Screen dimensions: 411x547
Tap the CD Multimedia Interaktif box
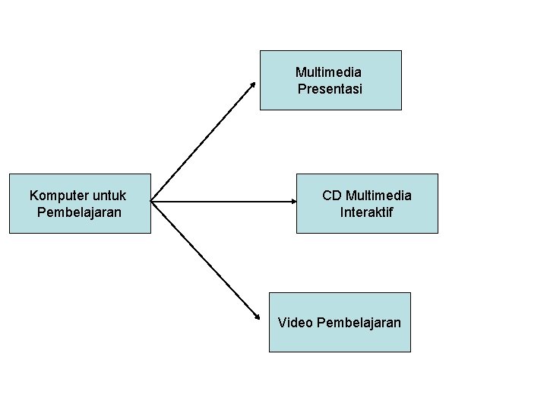pos(367,222)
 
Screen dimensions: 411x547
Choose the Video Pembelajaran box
pos(340,339)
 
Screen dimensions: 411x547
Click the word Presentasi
pos(330,89)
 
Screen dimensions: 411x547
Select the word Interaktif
pos(367,212)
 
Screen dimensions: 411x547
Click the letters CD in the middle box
pos(331,196)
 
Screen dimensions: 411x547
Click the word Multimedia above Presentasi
pos(328,73)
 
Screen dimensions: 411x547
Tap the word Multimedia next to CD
pos(378,196)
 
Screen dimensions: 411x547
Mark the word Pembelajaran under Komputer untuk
pos(79,212)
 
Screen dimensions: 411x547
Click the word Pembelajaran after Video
pos(359,323)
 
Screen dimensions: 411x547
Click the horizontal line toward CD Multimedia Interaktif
pos(220,202)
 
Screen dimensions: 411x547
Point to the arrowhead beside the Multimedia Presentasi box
pos(254,83)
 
